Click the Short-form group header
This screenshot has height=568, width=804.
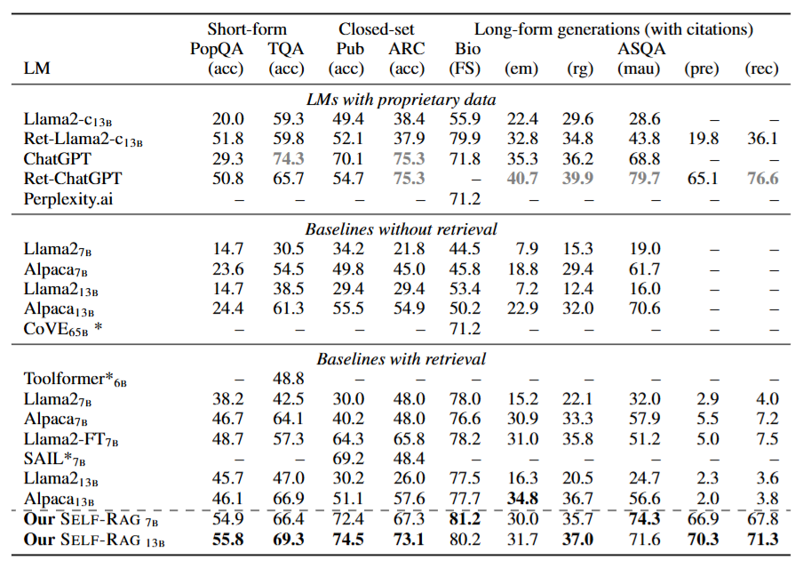coord(247,28)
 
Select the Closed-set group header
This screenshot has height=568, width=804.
coord(377,28)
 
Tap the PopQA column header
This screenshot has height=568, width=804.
coord(217,49)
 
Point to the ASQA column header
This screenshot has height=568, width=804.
coord(641,49)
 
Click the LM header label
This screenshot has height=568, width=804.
coord(37,68)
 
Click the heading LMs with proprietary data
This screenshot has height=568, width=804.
coord(401,99)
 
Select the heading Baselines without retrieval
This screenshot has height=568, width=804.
coord(401,228)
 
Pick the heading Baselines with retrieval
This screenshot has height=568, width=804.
coord(401,358)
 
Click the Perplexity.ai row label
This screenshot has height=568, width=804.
coord(68,199)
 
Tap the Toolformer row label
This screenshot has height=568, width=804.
coord(75,380)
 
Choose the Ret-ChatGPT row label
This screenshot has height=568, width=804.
coord(73,179)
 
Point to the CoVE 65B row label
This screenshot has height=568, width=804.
coord(62,329)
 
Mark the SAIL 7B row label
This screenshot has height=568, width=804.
coord(54,458)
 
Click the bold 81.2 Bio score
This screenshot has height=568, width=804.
coord(465,519)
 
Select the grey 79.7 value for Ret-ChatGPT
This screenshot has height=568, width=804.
coord(644,179)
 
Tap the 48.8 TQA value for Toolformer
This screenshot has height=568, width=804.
coord(288,379)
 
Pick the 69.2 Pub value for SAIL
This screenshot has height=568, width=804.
coord(348,458)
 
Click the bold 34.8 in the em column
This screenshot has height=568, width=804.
coord(522,498)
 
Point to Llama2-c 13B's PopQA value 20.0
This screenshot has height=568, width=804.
coord(228,119)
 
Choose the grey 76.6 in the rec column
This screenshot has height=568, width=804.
coord(762,179)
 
